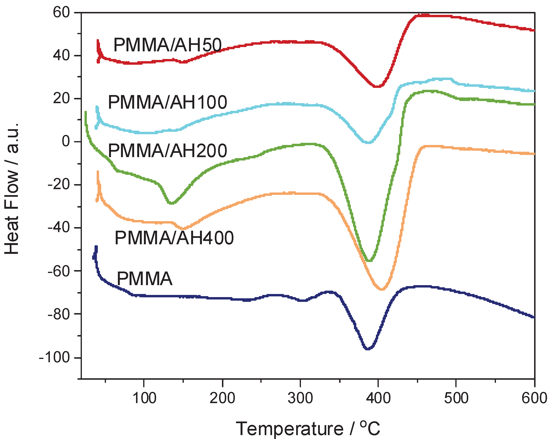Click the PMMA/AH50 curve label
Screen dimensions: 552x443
[168, 45]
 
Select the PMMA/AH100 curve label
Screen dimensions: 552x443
[168, 102]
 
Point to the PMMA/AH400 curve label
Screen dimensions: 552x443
[174, 238]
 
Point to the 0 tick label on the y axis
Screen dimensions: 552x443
[66, 141]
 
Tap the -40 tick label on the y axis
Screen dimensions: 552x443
[59, 228]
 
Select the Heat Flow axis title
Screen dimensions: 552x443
[12, 188]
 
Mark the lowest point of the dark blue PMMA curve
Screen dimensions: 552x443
[368, 349]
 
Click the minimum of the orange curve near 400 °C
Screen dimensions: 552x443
[382, 289]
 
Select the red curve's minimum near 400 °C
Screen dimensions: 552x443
[378, 86]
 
